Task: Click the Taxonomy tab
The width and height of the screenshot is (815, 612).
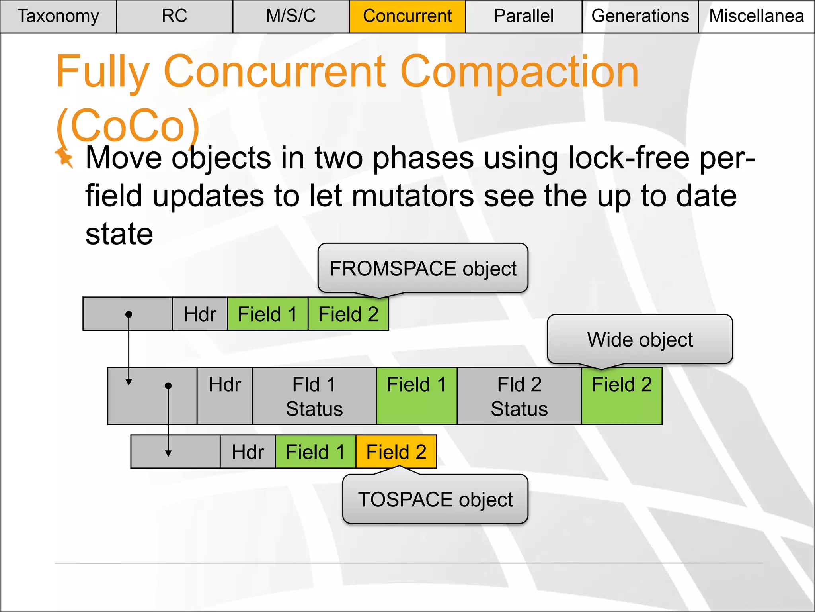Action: pos(58,16)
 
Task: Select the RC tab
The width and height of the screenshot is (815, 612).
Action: pos(174,16)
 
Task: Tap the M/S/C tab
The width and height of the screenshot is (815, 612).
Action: pos(291,16)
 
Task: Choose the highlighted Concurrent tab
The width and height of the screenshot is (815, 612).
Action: pos(407,16)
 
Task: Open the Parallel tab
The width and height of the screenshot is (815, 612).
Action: pos(523,16)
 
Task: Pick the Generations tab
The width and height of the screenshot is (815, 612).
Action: pos(640,16)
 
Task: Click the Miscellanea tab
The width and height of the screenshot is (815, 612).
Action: pos(756,16)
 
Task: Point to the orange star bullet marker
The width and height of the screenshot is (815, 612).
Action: pos(64,157)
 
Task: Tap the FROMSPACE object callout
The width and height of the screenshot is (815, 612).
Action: pos(423,268)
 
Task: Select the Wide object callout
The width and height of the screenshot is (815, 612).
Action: pos(640,339)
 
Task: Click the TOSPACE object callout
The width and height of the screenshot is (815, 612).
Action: pos(435,499)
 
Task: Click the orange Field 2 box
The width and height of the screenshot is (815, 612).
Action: pos(396,452)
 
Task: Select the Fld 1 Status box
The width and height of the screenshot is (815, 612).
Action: pos(314,396)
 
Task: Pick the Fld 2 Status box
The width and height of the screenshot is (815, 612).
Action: pos(519,396)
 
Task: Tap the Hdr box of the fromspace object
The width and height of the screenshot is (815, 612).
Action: pos(200,314)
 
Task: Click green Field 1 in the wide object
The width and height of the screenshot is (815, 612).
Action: pos(417,396)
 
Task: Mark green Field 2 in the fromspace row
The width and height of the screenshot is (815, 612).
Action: pos(348,314)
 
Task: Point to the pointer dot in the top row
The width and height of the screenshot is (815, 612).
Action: pos(129,314)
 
